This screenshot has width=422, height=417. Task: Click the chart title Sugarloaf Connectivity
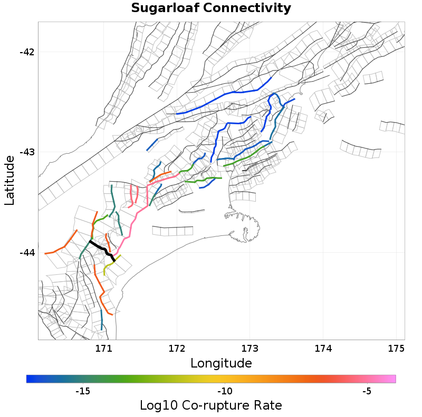[211, 8]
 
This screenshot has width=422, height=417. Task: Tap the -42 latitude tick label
[27, 52]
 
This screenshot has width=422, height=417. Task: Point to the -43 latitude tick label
[27, 152]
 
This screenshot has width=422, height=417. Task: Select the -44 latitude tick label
[27, 253]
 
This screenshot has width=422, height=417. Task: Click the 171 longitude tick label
[103, 349]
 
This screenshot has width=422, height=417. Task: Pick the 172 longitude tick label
[177, 349]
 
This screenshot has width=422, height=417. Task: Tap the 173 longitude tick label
[250, 349]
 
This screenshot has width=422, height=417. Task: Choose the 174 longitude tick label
[323, 349]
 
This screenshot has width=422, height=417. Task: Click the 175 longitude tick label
[396, 349]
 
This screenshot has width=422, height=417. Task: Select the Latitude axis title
[9, 180]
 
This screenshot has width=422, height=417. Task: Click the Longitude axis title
[221, 363]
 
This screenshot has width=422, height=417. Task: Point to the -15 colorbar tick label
[83, 391]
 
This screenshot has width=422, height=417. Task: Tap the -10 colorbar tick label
[225, 391]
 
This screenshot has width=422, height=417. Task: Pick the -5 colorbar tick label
[367, 391]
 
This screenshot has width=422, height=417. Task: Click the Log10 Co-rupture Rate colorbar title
[210, 405]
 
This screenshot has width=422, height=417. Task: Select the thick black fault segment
[102, 251]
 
